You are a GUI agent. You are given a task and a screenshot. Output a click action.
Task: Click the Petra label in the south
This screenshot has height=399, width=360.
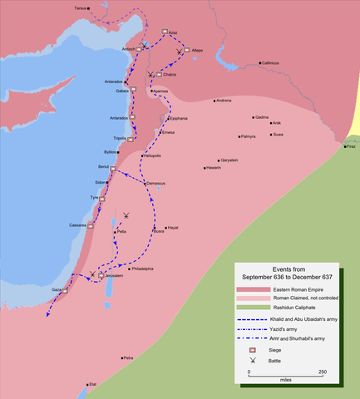[x=128, y=358]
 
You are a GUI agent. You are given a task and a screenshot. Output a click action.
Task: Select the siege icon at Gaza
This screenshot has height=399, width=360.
[x=68, y=287]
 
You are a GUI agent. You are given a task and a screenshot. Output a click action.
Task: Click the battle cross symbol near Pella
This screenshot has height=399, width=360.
[x=126, y=216]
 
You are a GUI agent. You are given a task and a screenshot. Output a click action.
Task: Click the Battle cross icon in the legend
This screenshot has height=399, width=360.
[x=252, y=362]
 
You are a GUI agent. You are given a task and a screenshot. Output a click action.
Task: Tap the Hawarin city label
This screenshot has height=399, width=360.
[x=214, y=168]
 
